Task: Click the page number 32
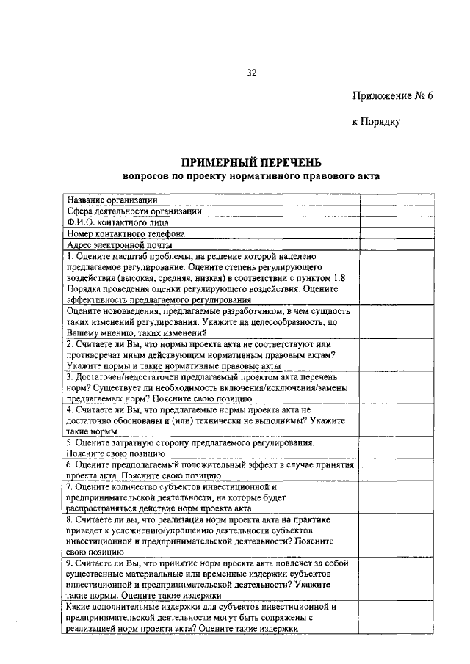pyautogui.click(x=251, y=73)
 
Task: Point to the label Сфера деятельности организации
pyautogui.click(x=134, y=211)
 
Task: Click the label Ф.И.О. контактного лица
pyautogui.click(x=117, y=222)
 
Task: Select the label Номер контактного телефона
pyautogui.click(x=126, y=233)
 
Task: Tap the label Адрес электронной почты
pyautogui.click(x=119, y=245)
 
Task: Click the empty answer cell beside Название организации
pyautogui.click(x=395, y=199)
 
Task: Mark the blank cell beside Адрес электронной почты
pyautogui.click(x=395, y=245)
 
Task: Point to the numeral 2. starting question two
pyautogui.click(x=69, y=343)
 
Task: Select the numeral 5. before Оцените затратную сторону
pyautogui.click(x=69, y=443)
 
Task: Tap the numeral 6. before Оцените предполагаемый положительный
pyautogui.click(x=69, y=465)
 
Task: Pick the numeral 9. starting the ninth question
pyautogui.click(x=69, y=563)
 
